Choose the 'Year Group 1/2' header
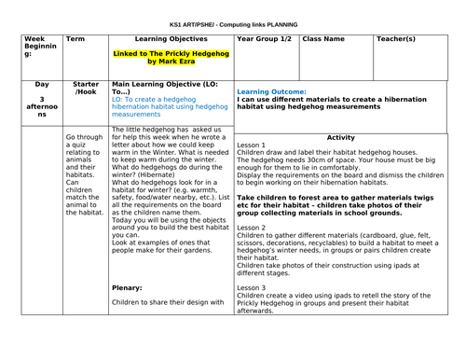[x=264, y=40]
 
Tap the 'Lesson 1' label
[x=251, y=146]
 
